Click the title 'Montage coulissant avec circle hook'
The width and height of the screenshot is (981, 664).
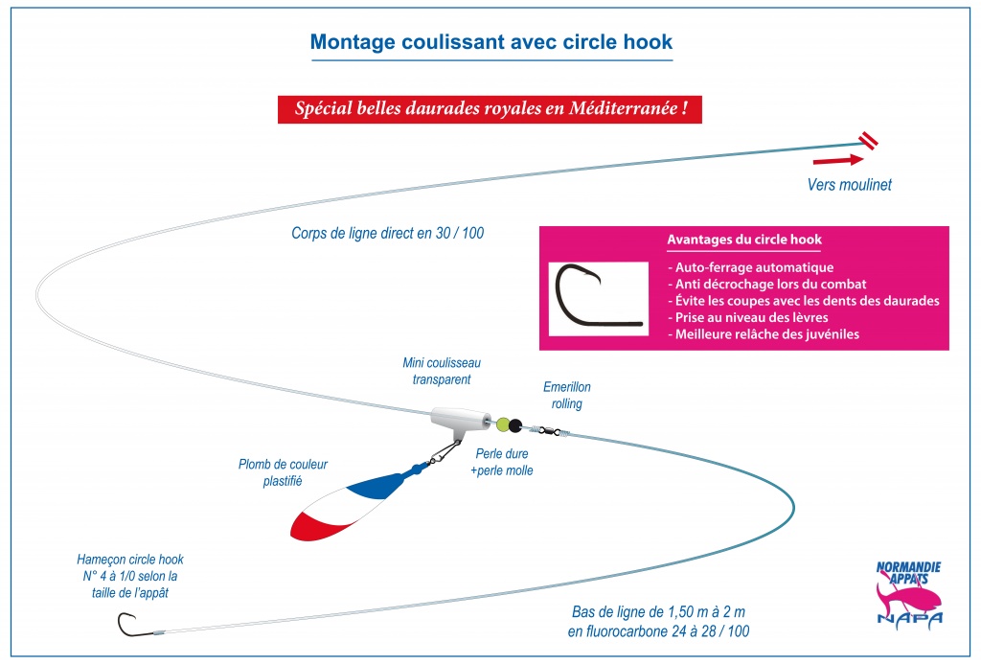click(x=491, y=42)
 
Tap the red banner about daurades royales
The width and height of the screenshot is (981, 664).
click(x=490, y=109)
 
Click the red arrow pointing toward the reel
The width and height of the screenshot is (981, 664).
click(x=838, y=160)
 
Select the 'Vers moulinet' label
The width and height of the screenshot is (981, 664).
click(x=849, y=185)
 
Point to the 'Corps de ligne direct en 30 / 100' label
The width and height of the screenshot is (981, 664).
click(x=387, y=234)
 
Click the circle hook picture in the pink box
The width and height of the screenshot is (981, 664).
click(x=599, y=299)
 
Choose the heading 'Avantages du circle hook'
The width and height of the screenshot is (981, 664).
click(x=743, y=240)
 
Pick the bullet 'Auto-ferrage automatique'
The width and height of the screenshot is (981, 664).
click(x=751, y=268)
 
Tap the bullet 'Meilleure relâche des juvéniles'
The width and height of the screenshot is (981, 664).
click(x=764, y=334)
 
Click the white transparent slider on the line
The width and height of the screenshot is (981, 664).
click(x=460, y=423)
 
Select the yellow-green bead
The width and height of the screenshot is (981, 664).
click(x=502, y=425)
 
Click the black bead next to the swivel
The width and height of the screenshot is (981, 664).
click(x=514, y=426)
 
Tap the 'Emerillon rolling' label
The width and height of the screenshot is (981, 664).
click(x=567, y=396)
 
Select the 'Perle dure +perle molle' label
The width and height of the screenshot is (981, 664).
click(x=502, y=462)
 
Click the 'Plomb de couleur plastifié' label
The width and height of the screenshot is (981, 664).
click(x=283, y=472)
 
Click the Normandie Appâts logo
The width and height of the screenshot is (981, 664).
click(x=909, y=593)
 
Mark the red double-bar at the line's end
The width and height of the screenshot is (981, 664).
click(x=870, y=141)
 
